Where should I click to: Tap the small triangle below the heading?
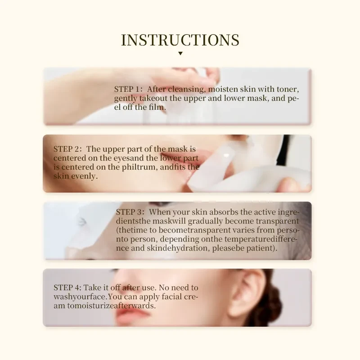[x=180, y=54]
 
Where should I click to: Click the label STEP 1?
[x=128, y=89]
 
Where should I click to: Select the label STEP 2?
[x=67, y=149]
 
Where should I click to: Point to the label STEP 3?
[x=130, y=212]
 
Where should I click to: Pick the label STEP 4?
[x=67, y=288]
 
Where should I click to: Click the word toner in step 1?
[x=288, y=89]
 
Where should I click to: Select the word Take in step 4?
[x=94, y=288]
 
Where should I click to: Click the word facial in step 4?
[x=170, y=297]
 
